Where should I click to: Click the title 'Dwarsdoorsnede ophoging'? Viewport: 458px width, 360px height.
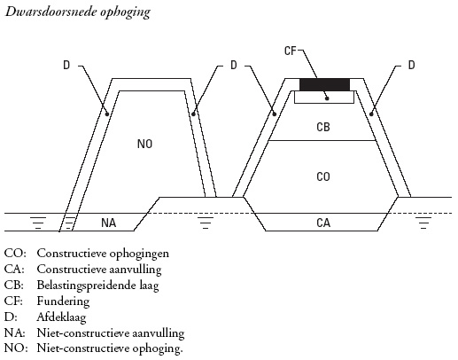point(78,12)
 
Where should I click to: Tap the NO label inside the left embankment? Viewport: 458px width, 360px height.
point(145,144)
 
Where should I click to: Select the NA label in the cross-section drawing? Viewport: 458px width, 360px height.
point(109,223)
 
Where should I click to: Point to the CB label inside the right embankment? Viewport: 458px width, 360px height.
point(323,127)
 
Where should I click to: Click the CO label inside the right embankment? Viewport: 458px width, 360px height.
point(323,176)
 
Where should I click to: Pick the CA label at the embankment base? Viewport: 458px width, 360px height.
point(323,223)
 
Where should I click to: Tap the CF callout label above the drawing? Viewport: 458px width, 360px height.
point(291,51)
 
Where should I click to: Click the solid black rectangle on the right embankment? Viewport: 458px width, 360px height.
point(324,84)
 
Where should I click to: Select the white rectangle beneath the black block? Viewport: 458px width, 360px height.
point(324,98)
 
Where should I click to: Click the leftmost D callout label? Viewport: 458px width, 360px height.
point(66,65)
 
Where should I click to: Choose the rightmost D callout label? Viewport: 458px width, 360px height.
point(411,65)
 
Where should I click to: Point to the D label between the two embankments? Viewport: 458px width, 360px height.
point(234,65)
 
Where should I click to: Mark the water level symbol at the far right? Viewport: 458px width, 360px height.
point(423,223)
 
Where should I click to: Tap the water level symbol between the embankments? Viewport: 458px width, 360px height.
point(206,223)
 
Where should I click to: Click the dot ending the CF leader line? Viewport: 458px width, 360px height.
point(327,98)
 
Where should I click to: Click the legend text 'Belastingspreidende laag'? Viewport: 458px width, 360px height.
point(97,286)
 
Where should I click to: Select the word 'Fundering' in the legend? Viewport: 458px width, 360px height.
point(63,301)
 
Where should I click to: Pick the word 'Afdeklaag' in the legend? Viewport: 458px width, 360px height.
point(61,317)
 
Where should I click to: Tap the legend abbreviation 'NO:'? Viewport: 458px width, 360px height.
point(16,348)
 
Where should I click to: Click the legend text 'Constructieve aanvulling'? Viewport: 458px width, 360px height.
point(99,270)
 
